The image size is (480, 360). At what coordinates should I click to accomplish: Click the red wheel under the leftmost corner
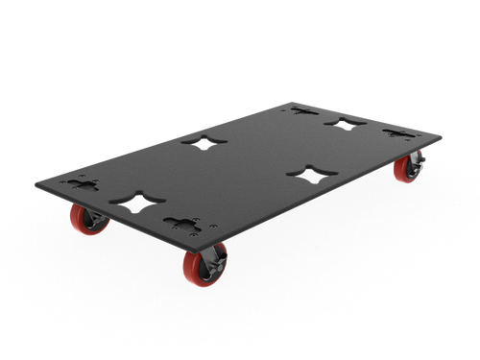[x=87, y=221]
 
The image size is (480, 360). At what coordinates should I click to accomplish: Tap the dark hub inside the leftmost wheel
[x=84, y=221]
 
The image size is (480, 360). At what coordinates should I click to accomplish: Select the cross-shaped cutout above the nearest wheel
[x=182, y=223]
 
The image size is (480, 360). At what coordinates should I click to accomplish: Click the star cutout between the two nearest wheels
[x=132, y=202]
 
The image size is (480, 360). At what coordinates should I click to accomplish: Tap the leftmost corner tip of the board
[x=34, y=183]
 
